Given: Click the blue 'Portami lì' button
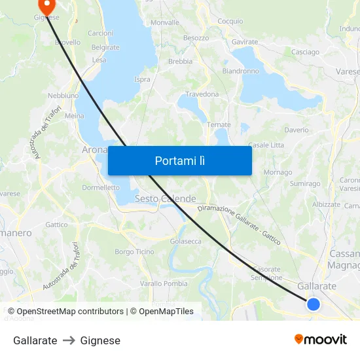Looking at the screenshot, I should click(179, 160).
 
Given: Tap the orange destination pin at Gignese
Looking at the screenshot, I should click(46, 6).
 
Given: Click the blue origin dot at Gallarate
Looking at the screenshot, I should click(314, 304).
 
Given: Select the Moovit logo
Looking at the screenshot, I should click(321, 339).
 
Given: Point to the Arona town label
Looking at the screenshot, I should click(94, 150).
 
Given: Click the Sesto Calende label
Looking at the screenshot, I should click(165, 198).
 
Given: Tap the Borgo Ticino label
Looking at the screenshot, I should click(134, 251).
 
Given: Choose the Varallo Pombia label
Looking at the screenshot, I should click(163, 283).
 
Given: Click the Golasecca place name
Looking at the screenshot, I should click(185, 242).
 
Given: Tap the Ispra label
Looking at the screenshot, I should click(142, 79).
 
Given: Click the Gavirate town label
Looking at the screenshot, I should click(245, 42).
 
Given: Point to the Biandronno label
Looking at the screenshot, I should click(240, 71).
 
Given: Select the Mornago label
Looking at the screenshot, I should click(278, 172).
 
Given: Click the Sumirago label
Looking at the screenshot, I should click(304, 184).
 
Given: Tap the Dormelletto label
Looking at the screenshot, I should click(101, 187).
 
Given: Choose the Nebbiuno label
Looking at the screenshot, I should click(63, 96).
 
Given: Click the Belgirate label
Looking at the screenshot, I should click(105, 47).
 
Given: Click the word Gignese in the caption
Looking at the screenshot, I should click(100, 340).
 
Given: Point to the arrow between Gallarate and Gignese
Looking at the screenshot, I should click(69, 340).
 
